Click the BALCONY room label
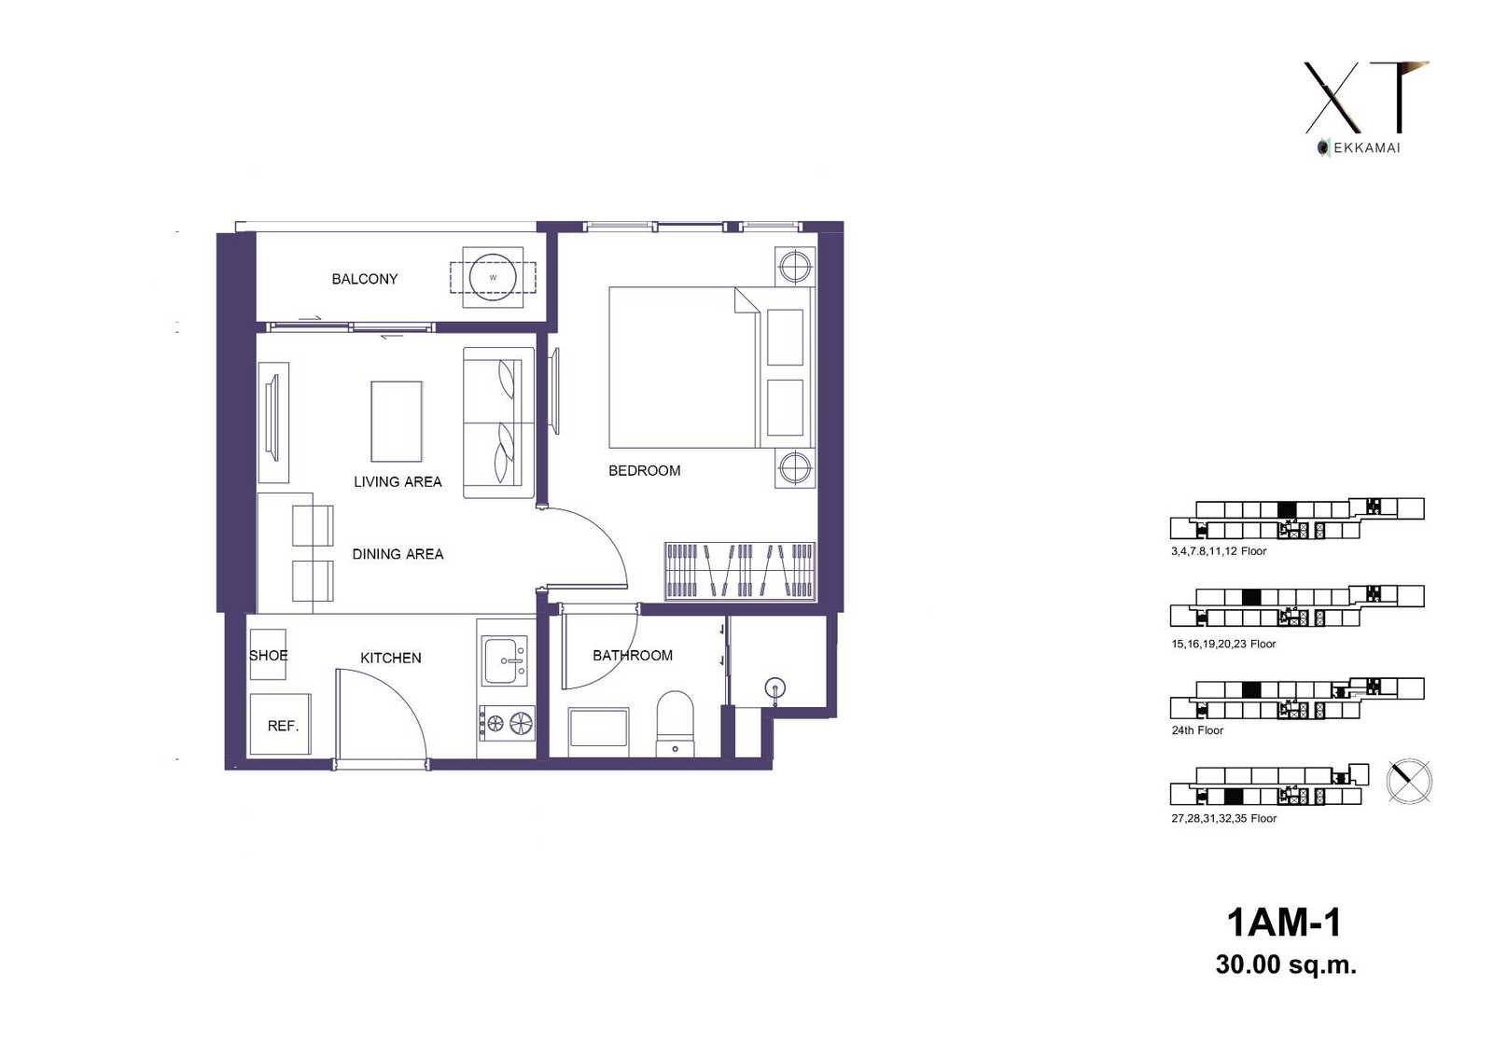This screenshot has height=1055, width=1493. click(x=365, y=279)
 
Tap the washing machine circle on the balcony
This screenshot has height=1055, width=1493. click(x=493, y=277)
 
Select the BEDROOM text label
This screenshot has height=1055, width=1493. click(x=645, y=470)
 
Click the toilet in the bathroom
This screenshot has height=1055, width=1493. click(x=675, y=724)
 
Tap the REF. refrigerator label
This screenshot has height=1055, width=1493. click(x=284, y=726)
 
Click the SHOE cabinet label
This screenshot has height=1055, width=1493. click(x=268, y=656)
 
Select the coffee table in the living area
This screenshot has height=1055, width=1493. click(x=397, y=422)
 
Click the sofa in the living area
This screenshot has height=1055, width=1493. click(x=498, y=423)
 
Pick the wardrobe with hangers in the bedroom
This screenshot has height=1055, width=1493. click(x=740, y=572)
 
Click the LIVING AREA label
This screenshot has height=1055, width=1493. click(x=398, y=482)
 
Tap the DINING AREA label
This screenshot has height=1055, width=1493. click(x=398, y=554)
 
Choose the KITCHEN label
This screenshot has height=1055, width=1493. click(x=391, y=659)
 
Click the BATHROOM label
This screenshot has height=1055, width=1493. click(x=633, y=656)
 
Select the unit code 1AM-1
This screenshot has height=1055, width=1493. click(x=1284, y=923)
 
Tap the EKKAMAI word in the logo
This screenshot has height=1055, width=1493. click(x=1366, y=148)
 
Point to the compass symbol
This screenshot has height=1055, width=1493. click(x=1409, y=782)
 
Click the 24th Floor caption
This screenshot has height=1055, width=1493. click(x=1197, y=730)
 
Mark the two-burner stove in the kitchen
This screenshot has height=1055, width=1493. click(x=507, y=723)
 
